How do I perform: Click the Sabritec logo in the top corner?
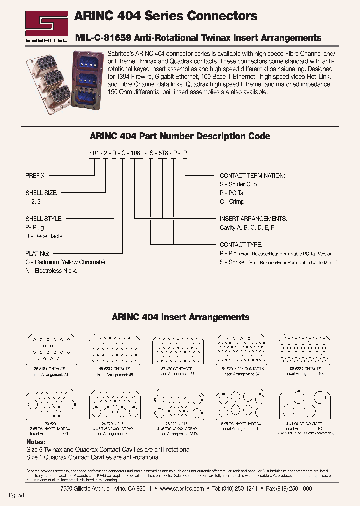(x=46, y=25)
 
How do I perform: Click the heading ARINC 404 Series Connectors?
(x=166, y=16)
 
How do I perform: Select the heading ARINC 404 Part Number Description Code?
(x=180, y=136)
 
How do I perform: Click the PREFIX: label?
(x=36, y=176)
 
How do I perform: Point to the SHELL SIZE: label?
(x=41, y=192)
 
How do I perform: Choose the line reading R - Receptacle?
(x=44, y=236)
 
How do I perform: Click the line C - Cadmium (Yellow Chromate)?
(x=65, y=262)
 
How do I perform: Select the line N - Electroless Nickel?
(x=52, y=271)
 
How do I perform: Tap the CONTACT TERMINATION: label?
(x=252, y=176)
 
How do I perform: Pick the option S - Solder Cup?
(x=238, y=184)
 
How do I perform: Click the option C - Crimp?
(x=232, y=201)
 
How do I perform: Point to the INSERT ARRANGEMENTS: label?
(x=253, y=219)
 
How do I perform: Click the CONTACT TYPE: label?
(x=241, y=245)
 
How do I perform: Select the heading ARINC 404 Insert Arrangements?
(x=180, y=317)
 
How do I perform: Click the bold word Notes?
(x=35, y=442)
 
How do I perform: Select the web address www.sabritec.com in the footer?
(x=182, y=488)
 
